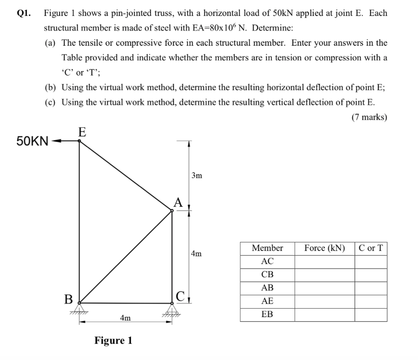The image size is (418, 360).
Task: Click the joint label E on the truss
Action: (82, 132)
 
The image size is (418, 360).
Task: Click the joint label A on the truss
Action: (178, 202)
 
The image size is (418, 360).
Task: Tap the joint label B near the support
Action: (68, 299)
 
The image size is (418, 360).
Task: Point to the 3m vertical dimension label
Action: (196, 176)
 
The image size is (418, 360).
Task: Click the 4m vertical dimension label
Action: (196, 254)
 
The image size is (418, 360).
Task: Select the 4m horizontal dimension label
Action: (125, 318)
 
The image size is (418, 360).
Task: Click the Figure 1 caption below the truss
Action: (113, 340)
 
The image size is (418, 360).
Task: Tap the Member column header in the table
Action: (267, 248)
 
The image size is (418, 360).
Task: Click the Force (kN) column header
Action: (324, 248)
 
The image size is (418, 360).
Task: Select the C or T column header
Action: (371, 248)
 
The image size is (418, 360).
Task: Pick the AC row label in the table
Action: (267, 261)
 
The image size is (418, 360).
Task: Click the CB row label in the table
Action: (267, 275)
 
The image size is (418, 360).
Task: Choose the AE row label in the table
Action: (267, 301)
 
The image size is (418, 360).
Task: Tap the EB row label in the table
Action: (267, 315)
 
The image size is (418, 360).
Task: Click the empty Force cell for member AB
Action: (324, 288)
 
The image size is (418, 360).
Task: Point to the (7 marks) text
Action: (369, 118)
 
